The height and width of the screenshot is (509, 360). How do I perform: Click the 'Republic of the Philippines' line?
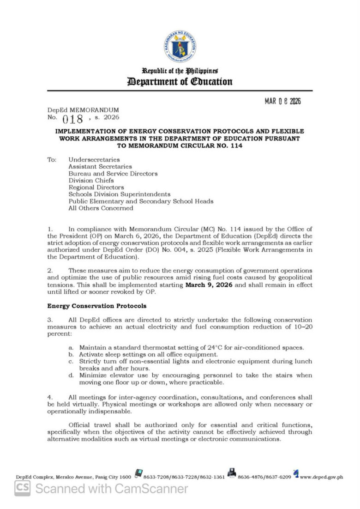click(x=180, y=71)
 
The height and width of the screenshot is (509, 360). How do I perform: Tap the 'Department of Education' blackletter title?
click(x=180, y=82)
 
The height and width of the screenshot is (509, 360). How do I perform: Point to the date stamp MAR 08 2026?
click(x=282, y=101)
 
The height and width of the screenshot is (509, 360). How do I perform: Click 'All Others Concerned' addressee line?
click(x=101, y=208)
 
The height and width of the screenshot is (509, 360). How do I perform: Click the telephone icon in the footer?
click(x=138, y=473)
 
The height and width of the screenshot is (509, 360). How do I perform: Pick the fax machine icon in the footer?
click(x=232, y=473)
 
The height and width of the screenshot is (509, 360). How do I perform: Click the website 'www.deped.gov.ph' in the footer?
click(x=321, y=477)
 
